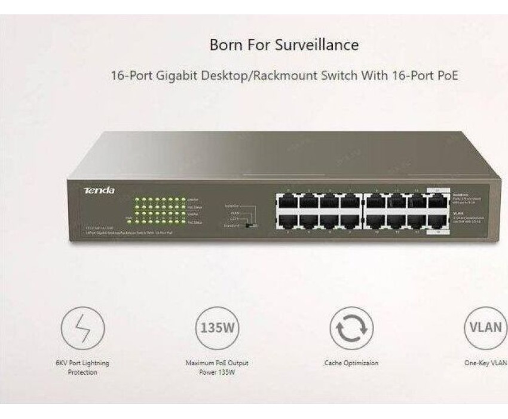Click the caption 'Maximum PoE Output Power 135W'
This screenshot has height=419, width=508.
tap(217, 367)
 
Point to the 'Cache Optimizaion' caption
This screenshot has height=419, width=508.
tap(351, 363)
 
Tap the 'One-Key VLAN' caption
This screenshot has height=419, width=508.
tap(487, 363)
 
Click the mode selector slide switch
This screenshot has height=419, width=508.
tap(254, 226)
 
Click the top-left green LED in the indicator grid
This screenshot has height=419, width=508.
tap(137, 198)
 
